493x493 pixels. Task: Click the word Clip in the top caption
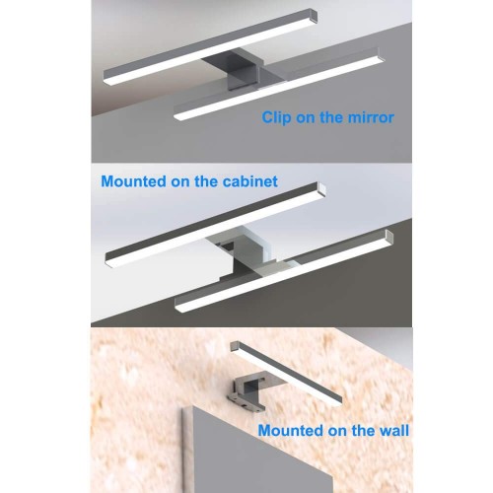click(x=278, y=117)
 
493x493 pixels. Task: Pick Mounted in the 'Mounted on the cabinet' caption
click(x=134, y=181)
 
